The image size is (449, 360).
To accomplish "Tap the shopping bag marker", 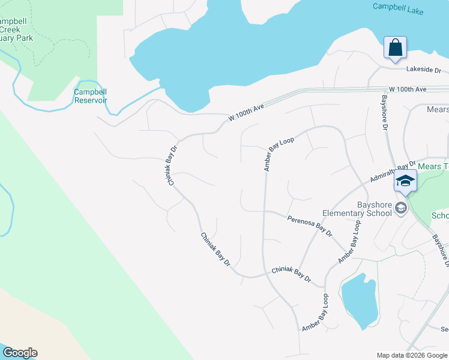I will (x=395, y=47).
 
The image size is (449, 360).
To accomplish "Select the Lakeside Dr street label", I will (x=423, y=70).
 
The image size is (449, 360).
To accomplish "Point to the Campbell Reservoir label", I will (x=91, y=96).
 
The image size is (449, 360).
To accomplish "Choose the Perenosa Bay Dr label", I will (x=310, y=226).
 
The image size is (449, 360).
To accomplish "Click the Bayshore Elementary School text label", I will (x=357, y=209).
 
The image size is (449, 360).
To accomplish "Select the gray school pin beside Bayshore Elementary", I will (x=400, y=208).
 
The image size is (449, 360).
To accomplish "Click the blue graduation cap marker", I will (x=405, y=180).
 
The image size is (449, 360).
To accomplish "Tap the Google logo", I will (x=19, y=353).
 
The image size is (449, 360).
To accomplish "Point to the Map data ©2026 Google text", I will (x=411, y=355).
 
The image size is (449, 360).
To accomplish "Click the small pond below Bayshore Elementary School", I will (x=359, y=301).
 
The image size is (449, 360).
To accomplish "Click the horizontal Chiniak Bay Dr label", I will (x=291, y=275).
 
